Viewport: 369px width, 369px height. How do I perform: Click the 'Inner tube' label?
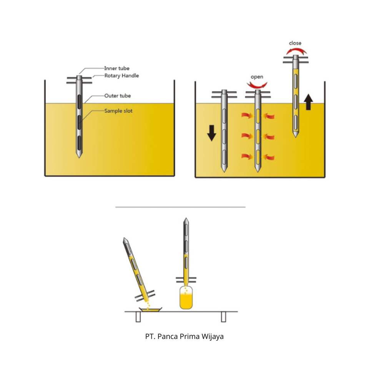[117, 68]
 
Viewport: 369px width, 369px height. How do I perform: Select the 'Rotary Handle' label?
[121, 76]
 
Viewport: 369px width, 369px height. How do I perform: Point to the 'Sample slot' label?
[118, 111]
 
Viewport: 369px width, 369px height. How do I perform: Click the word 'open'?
[257, 77]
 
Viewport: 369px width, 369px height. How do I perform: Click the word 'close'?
[295, 43]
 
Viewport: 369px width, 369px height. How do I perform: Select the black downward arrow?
[212, 133]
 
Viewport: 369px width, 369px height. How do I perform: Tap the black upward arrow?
[308, 103]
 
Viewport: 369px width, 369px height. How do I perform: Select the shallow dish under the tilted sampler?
[150, 309]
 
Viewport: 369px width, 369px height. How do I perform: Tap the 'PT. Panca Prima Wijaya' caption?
[184, 337]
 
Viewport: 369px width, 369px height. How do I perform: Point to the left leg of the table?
[138, 317]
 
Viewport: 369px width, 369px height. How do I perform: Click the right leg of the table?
[223, 317]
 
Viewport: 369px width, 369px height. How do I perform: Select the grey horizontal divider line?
[180, 207]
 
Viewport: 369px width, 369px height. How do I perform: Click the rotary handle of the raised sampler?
[296, 60]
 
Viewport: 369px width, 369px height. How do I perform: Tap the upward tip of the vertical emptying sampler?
[186, 221]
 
